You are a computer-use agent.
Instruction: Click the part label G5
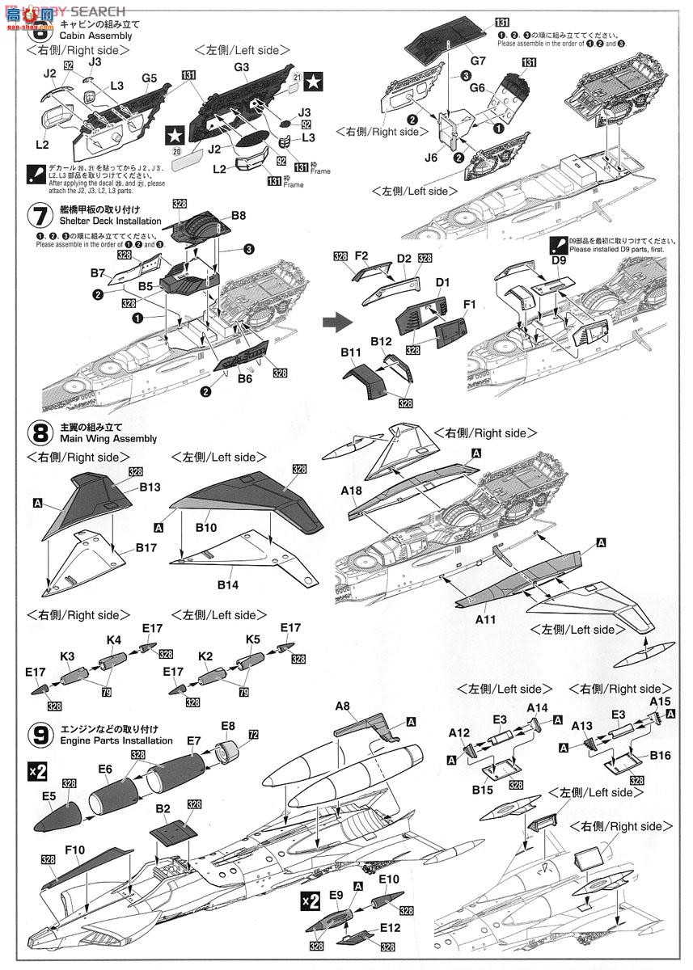click(148, 78)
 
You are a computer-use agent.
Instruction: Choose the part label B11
click(351, 353)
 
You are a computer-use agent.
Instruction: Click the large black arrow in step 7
click(333, 323)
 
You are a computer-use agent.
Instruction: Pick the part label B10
click(207, 527)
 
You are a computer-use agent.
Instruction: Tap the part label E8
click(227, 726)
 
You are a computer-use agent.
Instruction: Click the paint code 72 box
click(253, 735)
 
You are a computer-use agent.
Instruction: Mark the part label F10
click(76, 850)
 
